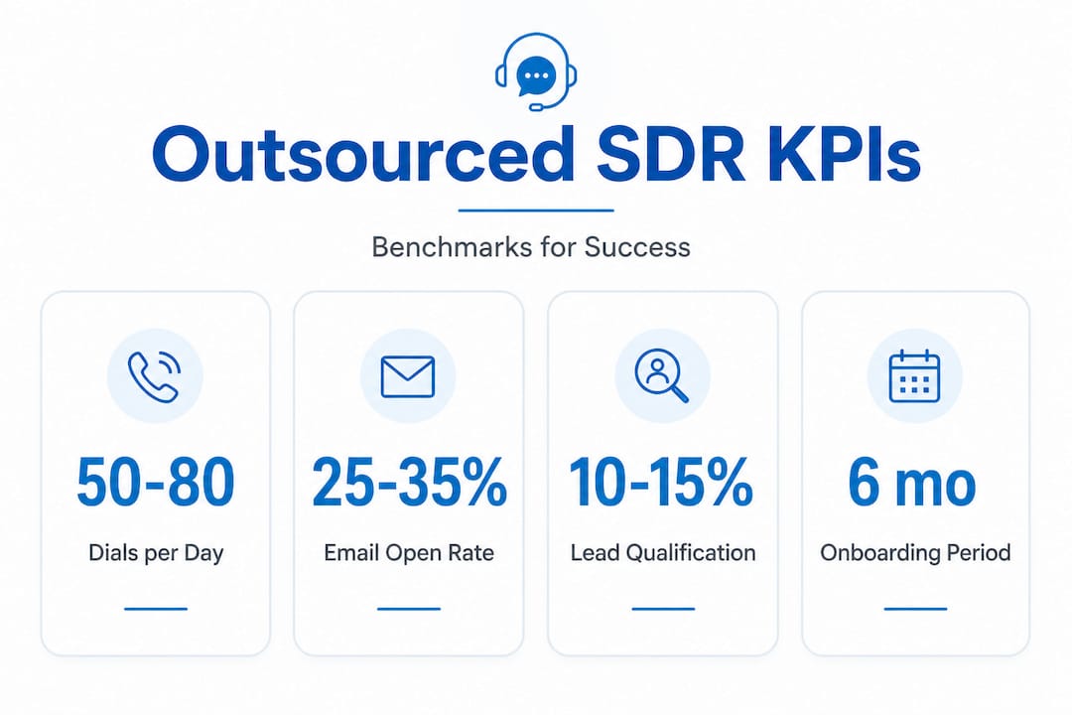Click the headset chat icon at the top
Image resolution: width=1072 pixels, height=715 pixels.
pos(536,71)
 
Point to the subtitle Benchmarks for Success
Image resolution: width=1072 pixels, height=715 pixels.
pos(531,246)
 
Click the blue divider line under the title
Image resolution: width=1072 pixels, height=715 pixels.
pos(536,211)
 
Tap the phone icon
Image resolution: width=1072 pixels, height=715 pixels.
pos(154,376)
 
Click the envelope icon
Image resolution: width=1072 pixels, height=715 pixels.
pos(408,376)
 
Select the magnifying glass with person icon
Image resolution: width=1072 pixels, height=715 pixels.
pos(662,376)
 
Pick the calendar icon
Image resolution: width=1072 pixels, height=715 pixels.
pos(914,376)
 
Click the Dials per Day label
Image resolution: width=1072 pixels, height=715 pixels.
pos(156,553)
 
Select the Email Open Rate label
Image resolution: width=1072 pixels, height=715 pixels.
pos(409,553)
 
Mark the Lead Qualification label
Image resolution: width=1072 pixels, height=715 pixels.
pos(663,553)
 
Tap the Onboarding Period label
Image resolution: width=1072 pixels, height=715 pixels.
pos(915,553)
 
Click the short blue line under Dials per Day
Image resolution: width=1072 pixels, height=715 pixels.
pos(156,608)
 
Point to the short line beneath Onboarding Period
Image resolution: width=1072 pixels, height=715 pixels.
pos(915,608)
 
